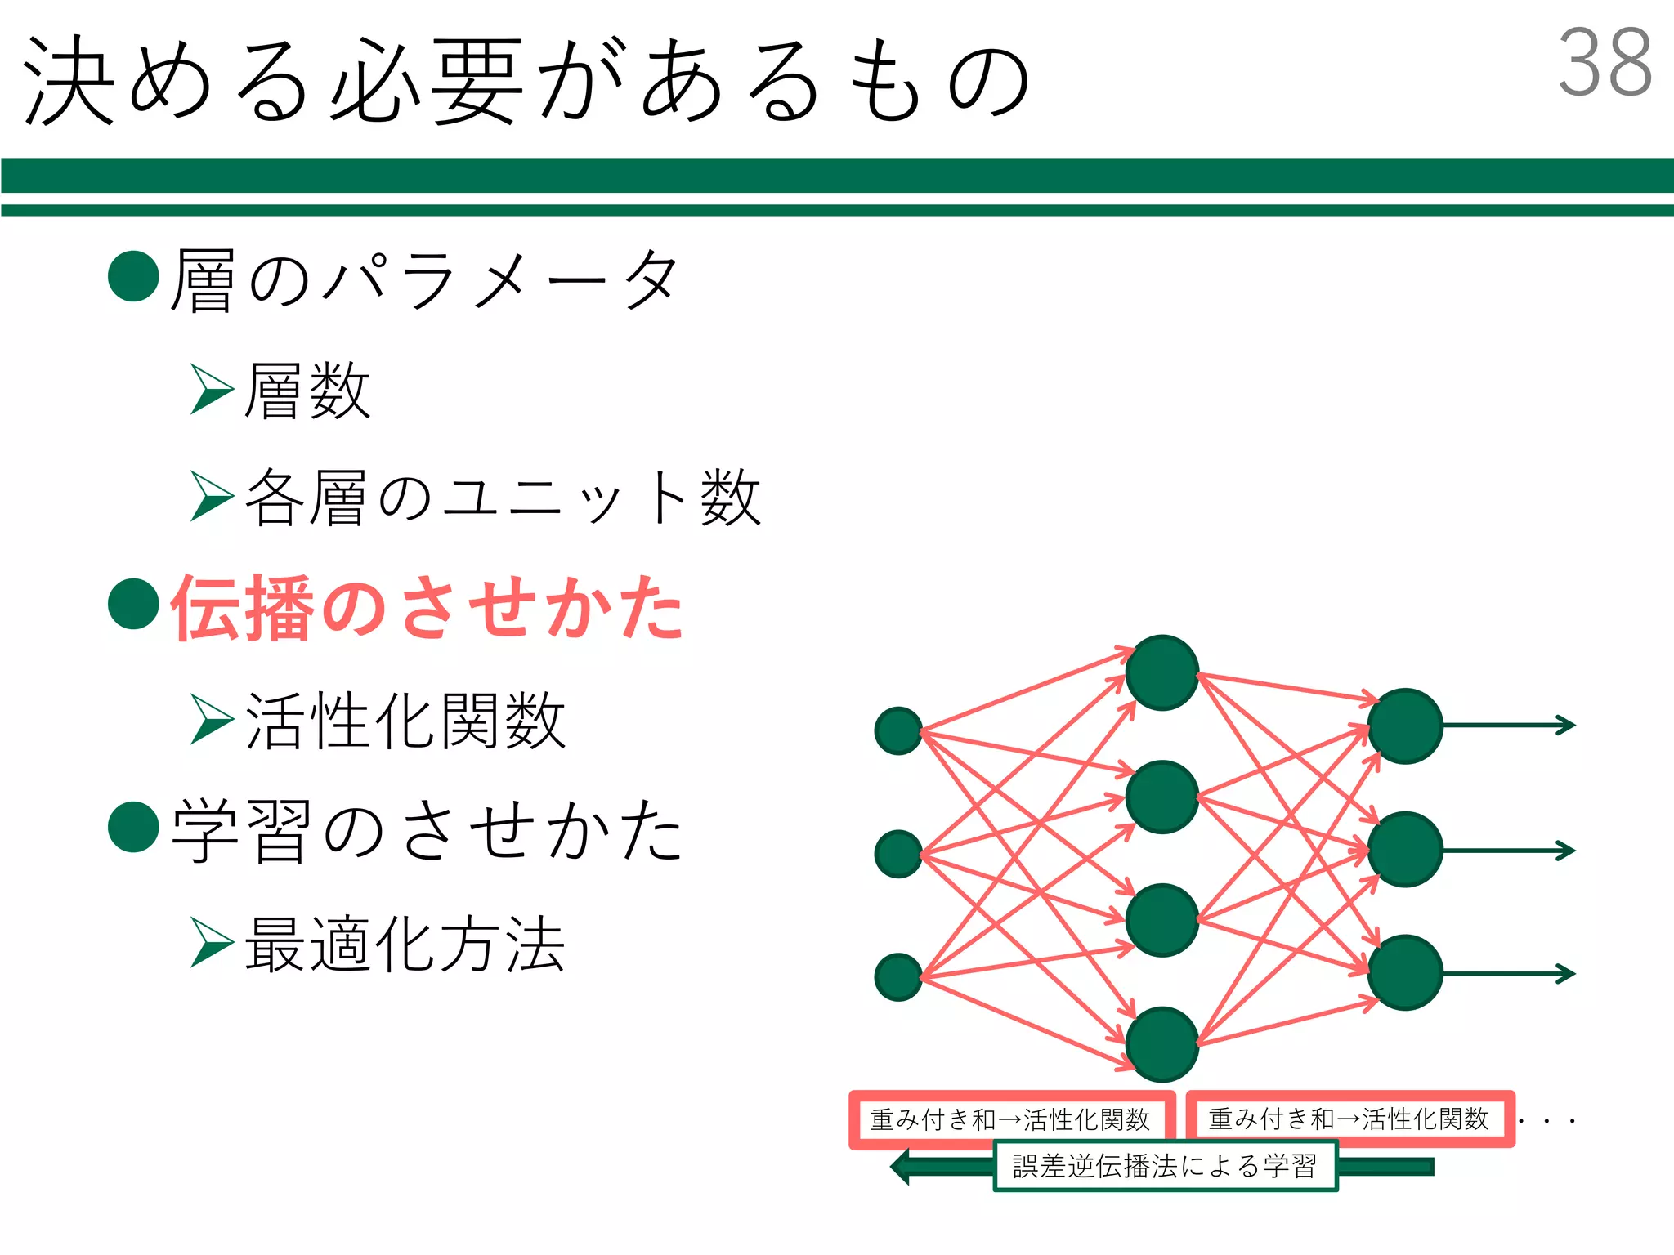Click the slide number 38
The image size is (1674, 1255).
pos(1604,63)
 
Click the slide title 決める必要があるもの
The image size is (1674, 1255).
pos(527,82)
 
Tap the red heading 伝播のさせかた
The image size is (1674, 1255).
pos(427,607)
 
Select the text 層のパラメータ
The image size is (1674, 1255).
pos(424,280)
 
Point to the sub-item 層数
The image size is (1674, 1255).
pos(307,391)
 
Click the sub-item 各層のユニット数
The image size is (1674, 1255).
pos(503,498)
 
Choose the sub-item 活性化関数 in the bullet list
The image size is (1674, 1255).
pos(405,721)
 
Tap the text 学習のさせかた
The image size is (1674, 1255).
pos(427,830)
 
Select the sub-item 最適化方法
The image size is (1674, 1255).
pos(405,945)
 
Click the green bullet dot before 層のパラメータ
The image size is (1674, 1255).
pos(133,276)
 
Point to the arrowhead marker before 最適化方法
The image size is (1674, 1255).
pos(211,942)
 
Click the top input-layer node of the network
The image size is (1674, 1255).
pos(898,730)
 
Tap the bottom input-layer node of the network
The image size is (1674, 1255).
pos(898,977)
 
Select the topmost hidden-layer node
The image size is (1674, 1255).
pos(1162,672)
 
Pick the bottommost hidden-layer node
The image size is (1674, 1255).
pos(1162,1044)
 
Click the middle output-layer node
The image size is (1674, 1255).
pos(1405,850)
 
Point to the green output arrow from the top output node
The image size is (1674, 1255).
pos(1509,725)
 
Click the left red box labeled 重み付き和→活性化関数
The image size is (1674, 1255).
pos(1011,1119)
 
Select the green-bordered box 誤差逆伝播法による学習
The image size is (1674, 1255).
pos(1165,1166)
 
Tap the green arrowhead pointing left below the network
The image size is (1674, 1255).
pos(902,1166)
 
